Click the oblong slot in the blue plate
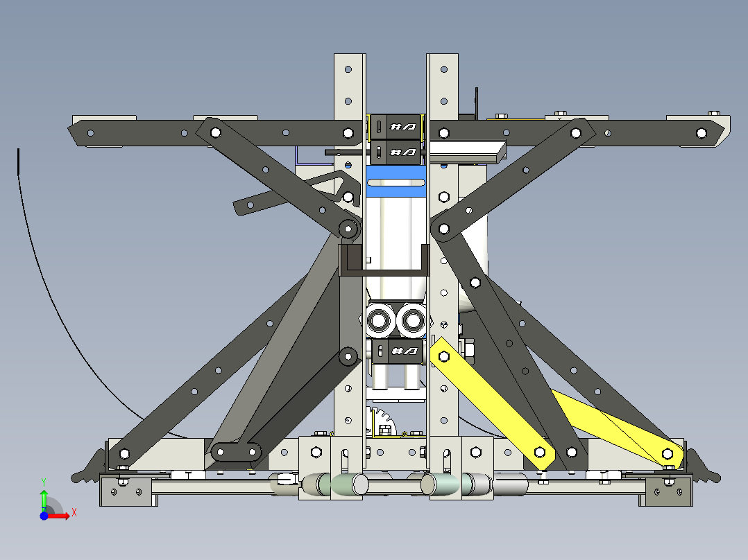click(395, 182)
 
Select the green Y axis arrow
click(44, 498)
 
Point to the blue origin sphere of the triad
click(44, 516)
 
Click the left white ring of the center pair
click(380, 320)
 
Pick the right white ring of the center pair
click(412, 320)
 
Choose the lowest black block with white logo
click(396, 351)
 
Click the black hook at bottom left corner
click(86, 468)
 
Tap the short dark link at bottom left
click(237, 453)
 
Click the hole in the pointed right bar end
click(701, 133)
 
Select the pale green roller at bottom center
click(346, 484)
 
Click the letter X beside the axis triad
click(74, 512)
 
